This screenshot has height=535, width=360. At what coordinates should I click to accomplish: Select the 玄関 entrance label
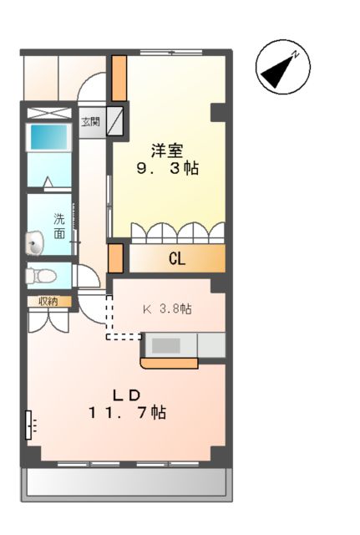[x=89, y=121]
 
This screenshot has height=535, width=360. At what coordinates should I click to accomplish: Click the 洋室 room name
[x=167, y=150]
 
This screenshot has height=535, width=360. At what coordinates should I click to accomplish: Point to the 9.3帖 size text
[x=167, y=168]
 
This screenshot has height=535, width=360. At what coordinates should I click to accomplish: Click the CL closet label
[x=176, y=259]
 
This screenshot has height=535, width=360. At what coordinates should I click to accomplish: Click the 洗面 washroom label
[x=59, y=225]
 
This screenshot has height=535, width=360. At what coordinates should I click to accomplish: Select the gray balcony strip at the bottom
[x=125, y=483]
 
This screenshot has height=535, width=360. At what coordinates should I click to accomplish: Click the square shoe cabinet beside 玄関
[x=114, y=121]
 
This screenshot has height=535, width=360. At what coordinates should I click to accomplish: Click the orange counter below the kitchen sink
[x=170, y=363]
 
